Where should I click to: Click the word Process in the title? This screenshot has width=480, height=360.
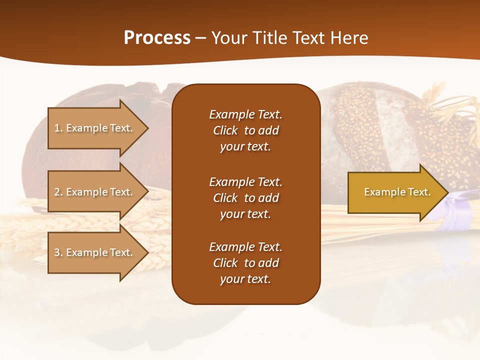coord(157,38)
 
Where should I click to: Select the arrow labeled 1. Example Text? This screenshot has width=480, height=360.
coord(95,128)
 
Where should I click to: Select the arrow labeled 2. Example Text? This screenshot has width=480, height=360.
coord(95,192)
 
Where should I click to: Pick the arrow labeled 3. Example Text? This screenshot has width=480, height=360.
coord(95,252)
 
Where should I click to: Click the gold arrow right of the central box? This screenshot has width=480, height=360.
coord(395,192)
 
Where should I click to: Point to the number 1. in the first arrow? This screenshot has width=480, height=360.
coord(58,128)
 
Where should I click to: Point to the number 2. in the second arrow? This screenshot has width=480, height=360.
coord(58,192)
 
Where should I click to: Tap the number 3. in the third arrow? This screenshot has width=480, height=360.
coord(58,252)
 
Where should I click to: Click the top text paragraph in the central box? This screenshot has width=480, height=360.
coord(245,130)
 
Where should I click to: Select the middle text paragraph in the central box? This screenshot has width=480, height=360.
coord(245,198)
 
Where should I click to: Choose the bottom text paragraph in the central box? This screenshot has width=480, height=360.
coord(245,263)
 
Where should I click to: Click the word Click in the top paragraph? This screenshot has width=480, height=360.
coord(225,130)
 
